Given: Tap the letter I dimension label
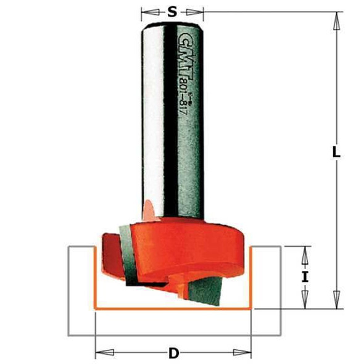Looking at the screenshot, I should (x=305, y=277).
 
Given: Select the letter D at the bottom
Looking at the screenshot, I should (x=173, y=354).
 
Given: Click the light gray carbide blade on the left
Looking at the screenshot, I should (x=128, y=253).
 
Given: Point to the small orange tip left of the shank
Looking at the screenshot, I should (x=149, y=210).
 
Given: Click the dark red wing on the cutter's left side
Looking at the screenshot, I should (x=110, y=253).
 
